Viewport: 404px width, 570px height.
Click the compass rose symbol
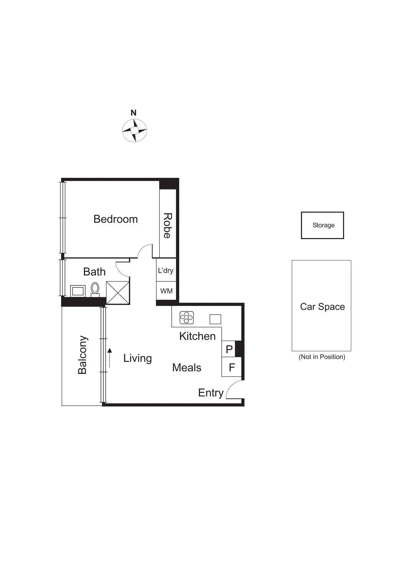[x=134, y=130]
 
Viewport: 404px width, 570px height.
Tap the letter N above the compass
[x=133, y=113]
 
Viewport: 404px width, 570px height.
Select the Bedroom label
[x=115, y=219]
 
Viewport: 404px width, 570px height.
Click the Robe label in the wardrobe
[x=167, y=226]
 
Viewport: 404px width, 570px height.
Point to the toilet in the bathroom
[x=95, y=289]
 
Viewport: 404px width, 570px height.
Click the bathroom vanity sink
[x=78, y=291]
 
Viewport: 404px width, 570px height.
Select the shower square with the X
[x=118, y=293]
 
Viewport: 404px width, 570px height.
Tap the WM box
[x=166, y=291]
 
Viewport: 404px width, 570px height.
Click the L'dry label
[x=166, y=271]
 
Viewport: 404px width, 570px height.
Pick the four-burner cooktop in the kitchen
[x=187, y=317]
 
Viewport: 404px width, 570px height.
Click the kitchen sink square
[x=215, y=319]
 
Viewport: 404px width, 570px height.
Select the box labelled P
[x=229, y=349]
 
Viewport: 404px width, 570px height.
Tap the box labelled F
[x=232, y=367]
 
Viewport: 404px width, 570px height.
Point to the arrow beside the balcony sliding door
[x=110, y=358]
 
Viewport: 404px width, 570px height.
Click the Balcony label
[x=82, y=355]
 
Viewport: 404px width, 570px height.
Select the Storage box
[x=323, y=225]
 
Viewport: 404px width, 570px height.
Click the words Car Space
[x=322, y=307]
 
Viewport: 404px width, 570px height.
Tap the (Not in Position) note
[x=322, y=357]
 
